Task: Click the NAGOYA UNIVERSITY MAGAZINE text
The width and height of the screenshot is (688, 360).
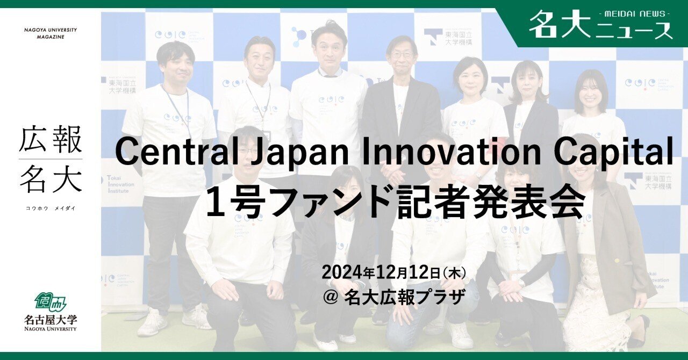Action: coord(51,33)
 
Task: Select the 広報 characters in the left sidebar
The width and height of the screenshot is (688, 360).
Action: coord(51,141)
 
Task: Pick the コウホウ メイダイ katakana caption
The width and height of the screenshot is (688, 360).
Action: coord(51,208)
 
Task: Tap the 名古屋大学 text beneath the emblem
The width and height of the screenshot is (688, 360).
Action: coord(51,319)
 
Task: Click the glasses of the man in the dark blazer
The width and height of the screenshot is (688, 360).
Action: coord(402,55)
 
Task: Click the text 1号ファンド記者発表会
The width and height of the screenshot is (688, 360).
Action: coord(395,202)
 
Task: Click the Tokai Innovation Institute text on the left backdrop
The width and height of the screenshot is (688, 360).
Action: coord(119,185)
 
